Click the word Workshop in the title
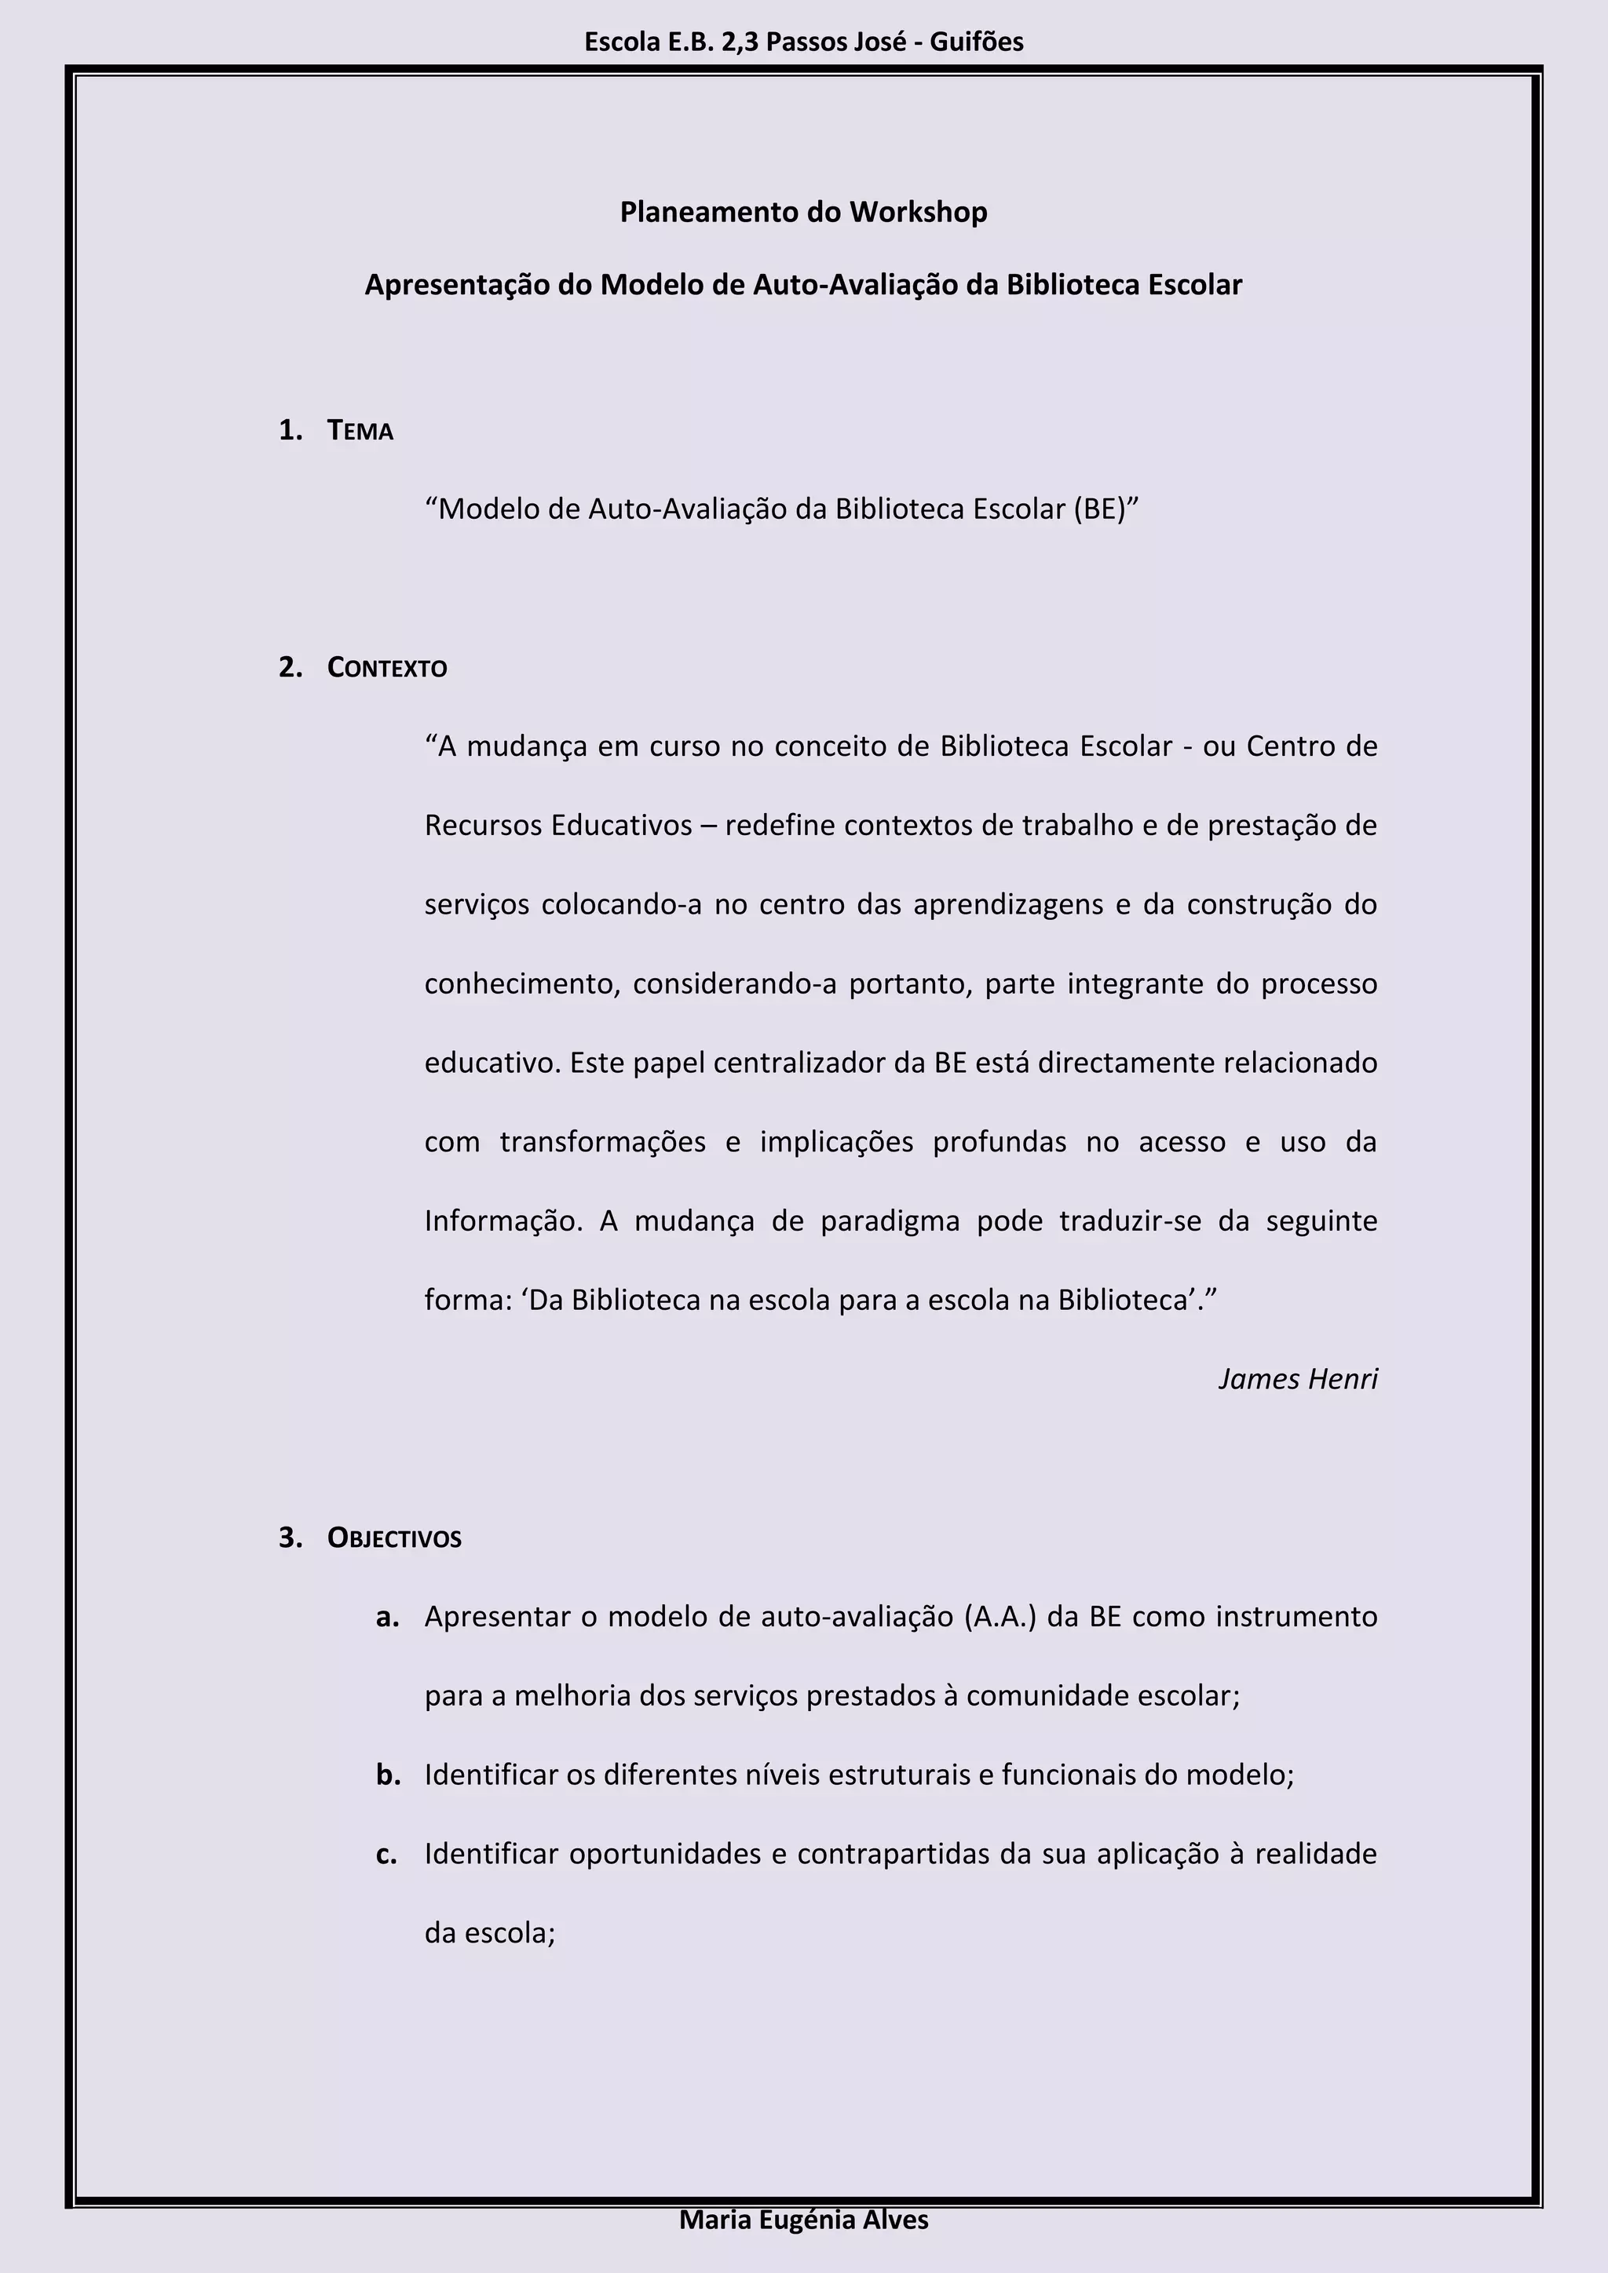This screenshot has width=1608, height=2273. coord(918,212)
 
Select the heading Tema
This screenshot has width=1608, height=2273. coord(360,431)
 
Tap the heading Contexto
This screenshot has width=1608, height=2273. coord(387,668)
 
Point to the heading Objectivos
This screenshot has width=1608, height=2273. coord(394,1538)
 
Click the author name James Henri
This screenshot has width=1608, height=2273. coord(1297,1379)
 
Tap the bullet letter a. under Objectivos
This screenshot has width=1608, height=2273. coord(388,1617)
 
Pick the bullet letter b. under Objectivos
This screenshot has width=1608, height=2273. coord(388,1775)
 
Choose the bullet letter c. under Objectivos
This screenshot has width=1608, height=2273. coord(387,1854)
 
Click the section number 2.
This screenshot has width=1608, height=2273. coord(290,668)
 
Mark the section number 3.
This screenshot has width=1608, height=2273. coord(290,1538)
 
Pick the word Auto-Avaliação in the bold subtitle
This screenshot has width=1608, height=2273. coord(857,285)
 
